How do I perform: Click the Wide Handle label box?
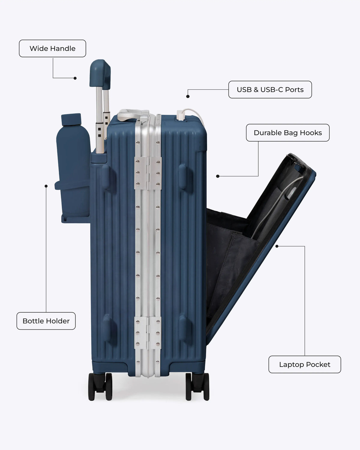pyautogui.click(x=52, y=48)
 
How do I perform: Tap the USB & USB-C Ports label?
pyautogui.click(x=270, y=89)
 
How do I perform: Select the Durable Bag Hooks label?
pyautogui.click(x=288, y=133)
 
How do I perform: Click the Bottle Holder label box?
pyautogui.click(x=46, y=321)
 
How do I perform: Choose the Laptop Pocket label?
pyautogui.click(x=304, y=364)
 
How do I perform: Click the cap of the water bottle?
pyautogui.click(x=71, y=119)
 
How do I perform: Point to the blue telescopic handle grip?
pyautogui.click(x=100, y=74)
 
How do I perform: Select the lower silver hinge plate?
pyautogui.click(x=148, y=333)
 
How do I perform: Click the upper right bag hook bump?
pyautogui.click(x=182, y=176)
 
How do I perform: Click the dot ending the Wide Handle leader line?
pyautogui.click(x=75, y=78)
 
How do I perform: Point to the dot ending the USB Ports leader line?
pyautogui.click(x=188, y=96)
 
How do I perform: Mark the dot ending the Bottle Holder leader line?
pyautogui.click(x=46, y=186)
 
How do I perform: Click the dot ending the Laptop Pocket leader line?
pyautogui.click(x=277, y=246)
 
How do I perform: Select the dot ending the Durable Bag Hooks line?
pyautogui.click(x=218, y=176)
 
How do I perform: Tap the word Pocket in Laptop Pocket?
pyautogui.click(x=318, y=364)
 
